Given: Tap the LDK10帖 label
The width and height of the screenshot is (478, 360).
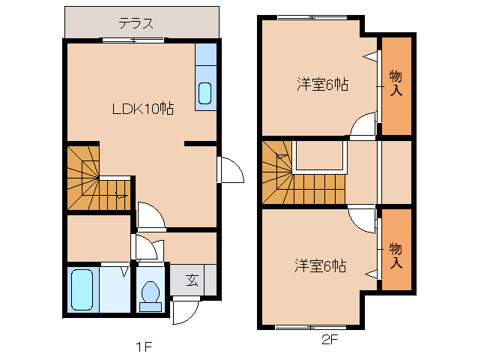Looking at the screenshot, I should (x=143, y=109).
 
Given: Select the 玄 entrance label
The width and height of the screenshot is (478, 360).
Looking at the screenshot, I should (x=192, y=280).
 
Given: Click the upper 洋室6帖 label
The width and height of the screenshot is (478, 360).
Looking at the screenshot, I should (x=320, y=84).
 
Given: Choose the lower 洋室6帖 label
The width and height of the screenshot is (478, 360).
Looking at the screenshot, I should (x=320, y=265).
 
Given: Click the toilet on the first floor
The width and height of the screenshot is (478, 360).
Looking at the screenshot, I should (x=151, y=293).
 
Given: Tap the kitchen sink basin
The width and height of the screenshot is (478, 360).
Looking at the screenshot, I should (x=205, y=94).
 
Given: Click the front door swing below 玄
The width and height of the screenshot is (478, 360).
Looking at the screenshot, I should (x=184, y=311).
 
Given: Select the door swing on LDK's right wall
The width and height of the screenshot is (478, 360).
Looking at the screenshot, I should (x=231, y=170).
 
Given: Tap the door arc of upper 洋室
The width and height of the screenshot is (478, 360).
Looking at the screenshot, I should (x=365, y=124).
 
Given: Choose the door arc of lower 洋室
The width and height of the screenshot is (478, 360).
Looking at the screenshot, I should (x=364, y=220).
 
